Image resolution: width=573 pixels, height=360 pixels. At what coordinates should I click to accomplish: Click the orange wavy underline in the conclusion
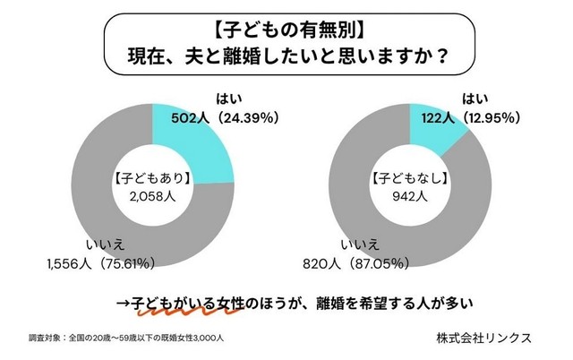pyautogui.click(x=179, y=310)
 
